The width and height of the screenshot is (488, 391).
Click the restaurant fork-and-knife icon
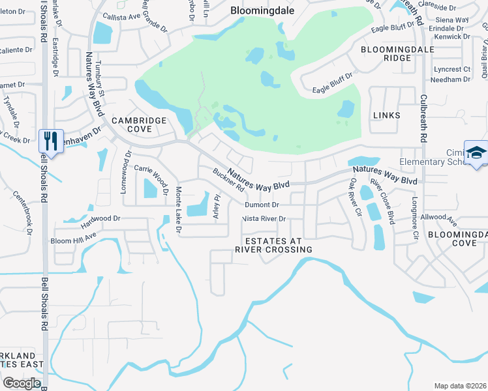[x=50, y=141]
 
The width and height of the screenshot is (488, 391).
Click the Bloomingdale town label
[x=262, y=10]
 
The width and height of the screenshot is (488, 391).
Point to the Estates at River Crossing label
[x=279, y=245]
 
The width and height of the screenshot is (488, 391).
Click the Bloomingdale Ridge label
[x=389, y=53]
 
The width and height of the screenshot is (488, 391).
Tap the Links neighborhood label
[x=386, y=115]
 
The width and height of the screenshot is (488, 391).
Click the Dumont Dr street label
[x=262, y=205]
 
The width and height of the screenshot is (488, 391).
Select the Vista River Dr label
[x=264, y=219]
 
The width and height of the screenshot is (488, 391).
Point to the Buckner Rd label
[x=228, y=181]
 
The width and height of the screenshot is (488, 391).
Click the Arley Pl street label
[x=218, y=206]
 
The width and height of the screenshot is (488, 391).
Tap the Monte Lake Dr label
[x=177, y=210]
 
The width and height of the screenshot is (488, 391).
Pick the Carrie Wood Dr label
[x=152, y=174]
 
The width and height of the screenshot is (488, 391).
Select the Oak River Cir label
[x=356, y=196]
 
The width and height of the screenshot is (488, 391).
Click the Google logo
[x=22, y=383]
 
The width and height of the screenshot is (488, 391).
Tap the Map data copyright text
[x=461, y=386]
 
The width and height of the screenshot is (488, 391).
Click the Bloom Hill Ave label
[x=73, y=237]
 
